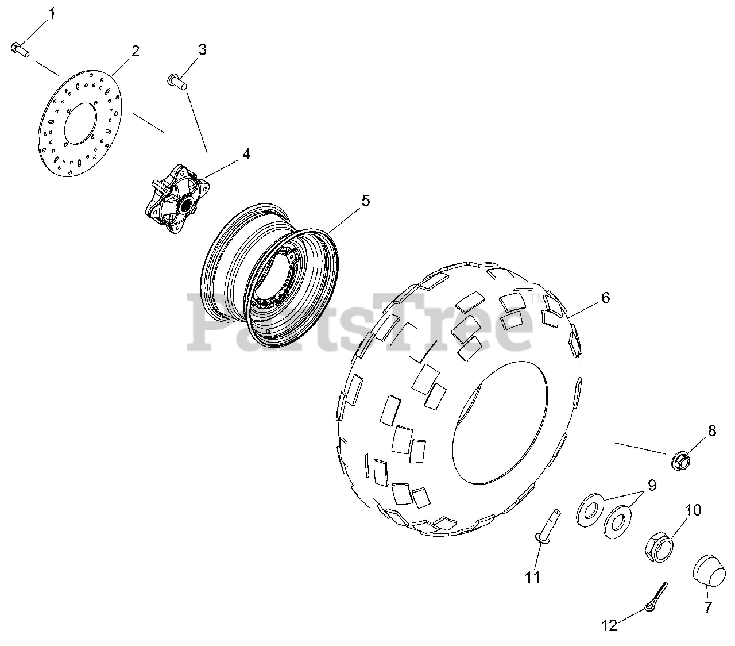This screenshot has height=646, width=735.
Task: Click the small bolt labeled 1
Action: point(20,50)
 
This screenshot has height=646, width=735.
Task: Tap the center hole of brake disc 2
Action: point(80,123)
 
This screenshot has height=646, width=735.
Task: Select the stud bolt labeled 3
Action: point(177,82)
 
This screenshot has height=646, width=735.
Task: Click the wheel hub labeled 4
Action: point(177,198)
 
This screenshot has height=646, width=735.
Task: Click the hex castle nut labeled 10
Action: point(659,547)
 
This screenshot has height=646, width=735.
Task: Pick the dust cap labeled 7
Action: point(709,575)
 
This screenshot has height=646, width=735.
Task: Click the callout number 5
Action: point(366,201)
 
